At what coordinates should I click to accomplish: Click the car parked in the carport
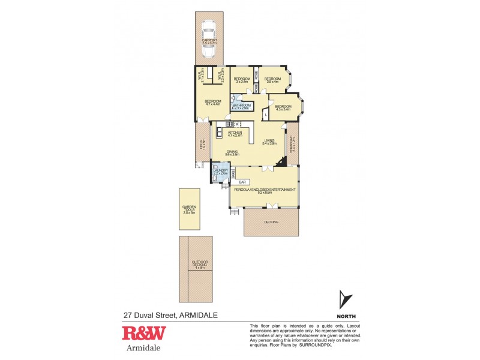coord(208,40)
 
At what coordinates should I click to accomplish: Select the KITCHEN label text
coord(234,133)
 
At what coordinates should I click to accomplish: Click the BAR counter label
coord(242,182)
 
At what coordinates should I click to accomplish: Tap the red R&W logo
coord(143,334)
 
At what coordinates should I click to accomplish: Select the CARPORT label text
coord(209,41)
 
